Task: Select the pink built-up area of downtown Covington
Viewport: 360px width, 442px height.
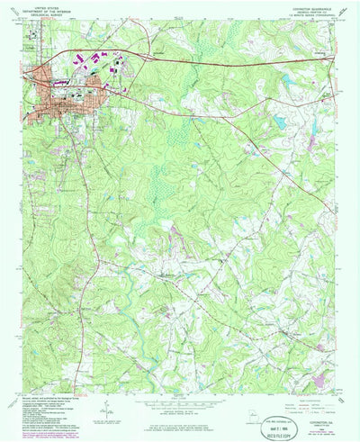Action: click(x=56, y=107)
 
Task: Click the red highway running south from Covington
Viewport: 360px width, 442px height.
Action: click(x=76, y=270)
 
